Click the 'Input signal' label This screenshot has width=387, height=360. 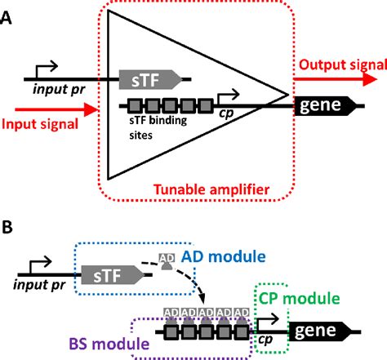(38, 123)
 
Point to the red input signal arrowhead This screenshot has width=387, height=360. (96, 106)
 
